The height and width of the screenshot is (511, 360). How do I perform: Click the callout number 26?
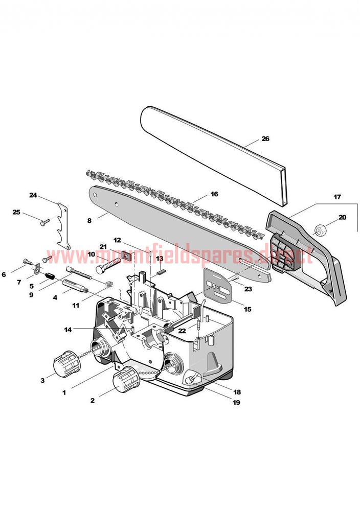tap(265, 138)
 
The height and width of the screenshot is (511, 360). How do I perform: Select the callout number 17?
tap(337, 197)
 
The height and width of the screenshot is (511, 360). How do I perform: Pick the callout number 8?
tap(89, 220)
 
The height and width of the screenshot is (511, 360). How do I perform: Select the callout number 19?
tap(236, 402)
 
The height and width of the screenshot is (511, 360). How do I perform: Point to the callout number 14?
tap(68, 330)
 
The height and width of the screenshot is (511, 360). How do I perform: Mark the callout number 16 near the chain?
tap(214, 194)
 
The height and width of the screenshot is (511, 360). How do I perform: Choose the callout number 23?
tap(248, 289)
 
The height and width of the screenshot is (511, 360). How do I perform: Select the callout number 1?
tap(64, 392)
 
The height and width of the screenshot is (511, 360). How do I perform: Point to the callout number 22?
tap(182, 331)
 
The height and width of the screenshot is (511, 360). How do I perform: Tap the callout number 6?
tap(4, 275)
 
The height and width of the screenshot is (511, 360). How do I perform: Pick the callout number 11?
tap(76, 306)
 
